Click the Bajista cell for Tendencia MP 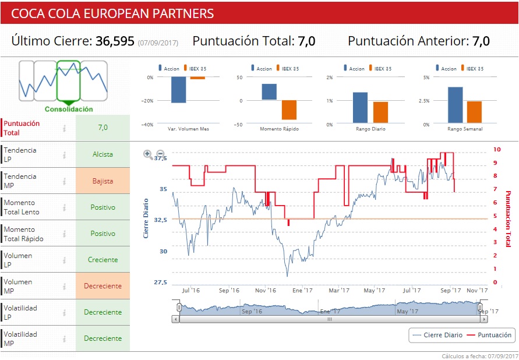point(103,181)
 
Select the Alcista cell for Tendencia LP point(103,155)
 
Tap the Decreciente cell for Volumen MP point(103,286)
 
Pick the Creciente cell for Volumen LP point(103,260)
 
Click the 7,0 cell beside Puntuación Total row point(103,128)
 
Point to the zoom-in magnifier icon point(148,154)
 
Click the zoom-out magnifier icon point(161,154)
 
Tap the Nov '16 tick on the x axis point(266,290)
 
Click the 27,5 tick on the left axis point(160,283)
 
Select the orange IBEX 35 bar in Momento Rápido point(289,110)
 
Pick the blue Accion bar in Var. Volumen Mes point(178,90)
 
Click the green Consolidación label point(69,109)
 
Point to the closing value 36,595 point(115,41)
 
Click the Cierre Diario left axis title point(146,218)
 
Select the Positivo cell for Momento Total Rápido point(103,234)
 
